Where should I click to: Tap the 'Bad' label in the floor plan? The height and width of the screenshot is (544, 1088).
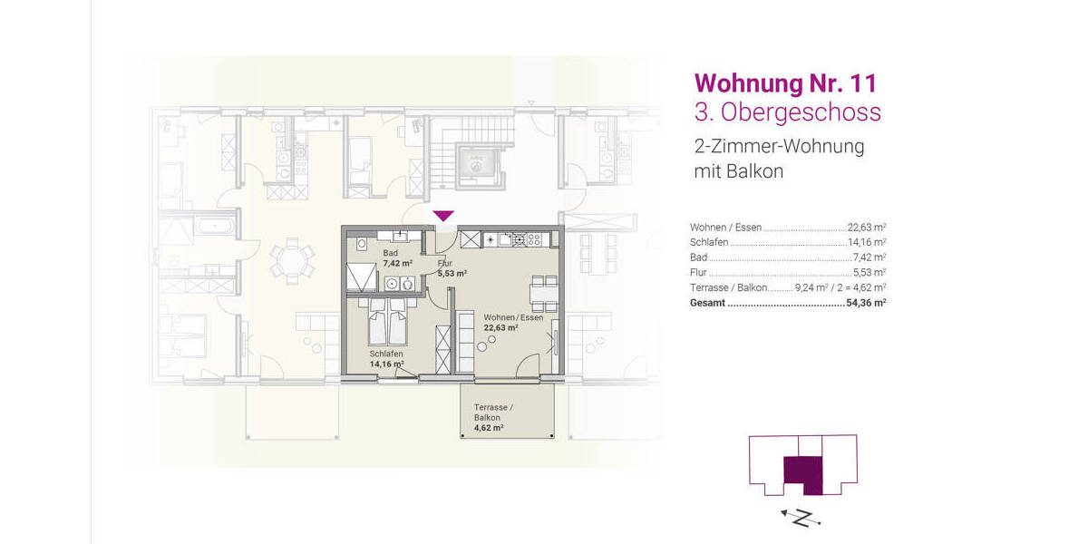tap(390, 253)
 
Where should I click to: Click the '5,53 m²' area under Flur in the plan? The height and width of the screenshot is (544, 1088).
tap(452, 273)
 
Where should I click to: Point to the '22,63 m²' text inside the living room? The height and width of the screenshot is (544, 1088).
tap(500, 328)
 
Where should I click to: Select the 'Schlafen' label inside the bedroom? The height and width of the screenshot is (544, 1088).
tap(386, 354)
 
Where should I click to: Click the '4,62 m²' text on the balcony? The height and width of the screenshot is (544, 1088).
tap(489, 427)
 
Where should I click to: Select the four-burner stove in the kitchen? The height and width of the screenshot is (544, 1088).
tap(531, 240)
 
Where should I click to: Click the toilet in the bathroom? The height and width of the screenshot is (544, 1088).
tap(410, 284)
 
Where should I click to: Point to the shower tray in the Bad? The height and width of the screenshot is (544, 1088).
tap(360, 275)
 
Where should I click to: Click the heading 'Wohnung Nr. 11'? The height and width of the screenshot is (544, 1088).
tap(785, 83)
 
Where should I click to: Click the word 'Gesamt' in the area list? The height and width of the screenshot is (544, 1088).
tap(707, 303)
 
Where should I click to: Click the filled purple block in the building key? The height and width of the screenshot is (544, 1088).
tap(801, 474)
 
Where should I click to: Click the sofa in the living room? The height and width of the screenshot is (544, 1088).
tap(464, 342)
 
